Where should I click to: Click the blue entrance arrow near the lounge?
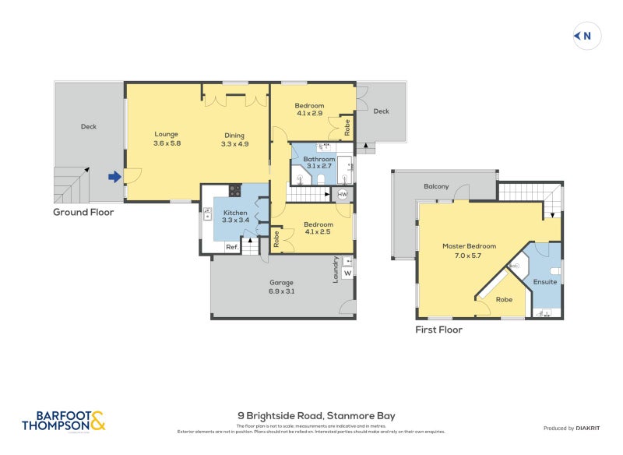point(114,177)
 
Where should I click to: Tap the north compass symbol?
point(587,35)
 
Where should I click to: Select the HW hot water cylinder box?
point(342,194)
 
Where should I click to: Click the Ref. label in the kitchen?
point(231,247)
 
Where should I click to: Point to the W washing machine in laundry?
point(347,273)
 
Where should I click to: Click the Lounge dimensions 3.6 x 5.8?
point(167,143)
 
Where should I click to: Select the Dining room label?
point(234,134)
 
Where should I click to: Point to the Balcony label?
point(436,186)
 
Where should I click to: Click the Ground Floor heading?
point(83,212)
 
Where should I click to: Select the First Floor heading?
point(438,330)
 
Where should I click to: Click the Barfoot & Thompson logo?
point(63,421)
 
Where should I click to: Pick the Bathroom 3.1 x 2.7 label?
point(319,162)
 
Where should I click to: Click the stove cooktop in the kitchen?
point(234,190)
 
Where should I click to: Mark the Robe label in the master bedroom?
point(504,298)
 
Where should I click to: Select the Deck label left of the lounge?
point(89,126)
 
